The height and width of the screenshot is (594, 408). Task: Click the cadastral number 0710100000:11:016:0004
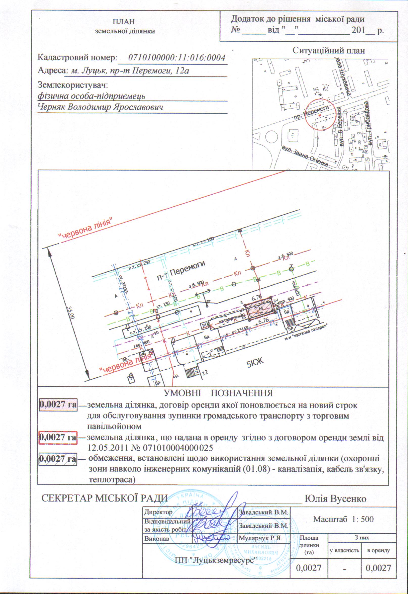(x=177, y=58)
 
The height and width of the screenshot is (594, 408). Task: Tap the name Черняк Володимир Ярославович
(x=101, y=107)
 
